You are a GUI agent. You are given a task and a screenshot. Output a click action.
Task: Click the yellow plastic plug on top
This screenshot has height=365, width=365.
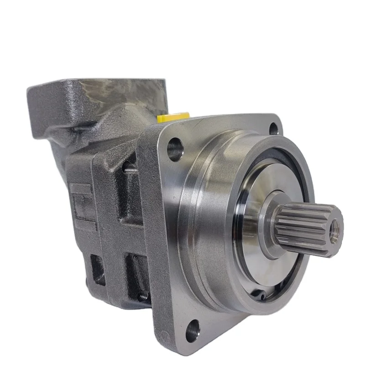coord(168,118)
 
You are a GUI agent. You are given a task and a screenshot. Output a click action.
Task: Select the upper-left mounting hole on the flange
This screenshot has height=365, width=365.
coord(175,149)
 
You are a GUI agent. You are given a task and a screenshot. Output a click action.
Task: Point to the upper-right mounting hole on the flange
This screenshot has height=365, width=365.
coord(273,128)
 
